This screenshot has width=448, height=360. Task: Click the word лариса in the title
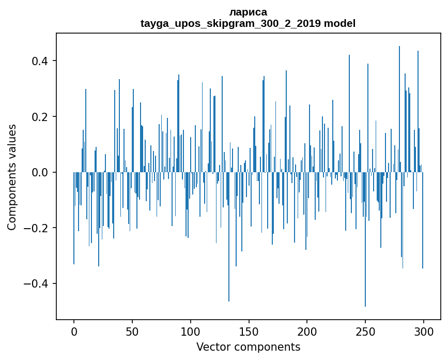248,12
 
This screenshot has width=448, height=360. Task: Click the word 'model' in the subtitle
339,23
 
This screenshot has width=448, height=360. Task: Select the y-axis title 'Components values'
12,177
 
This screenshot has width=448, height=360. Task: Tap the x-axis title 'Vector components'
248,347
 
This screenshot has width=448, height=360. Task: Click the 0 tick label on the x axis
74,331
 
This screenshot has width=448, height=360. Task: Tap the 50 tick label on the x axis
132,331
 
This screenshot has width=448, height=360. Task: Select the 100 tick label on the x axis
191,331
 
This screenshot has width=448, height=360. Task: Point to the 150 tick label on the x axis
249,331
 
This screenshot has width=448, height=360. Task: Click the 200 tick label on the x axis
307,331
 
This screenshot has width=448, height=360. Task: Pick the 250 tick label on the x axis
365,331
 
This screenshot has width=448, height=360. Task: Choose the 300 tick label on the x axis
424,331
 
